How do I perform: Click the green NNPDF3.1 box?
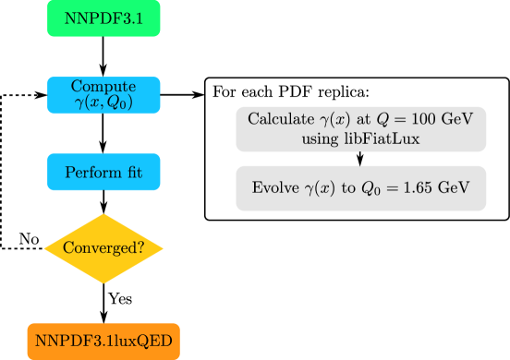103,18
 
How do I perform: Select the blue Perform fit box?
103,173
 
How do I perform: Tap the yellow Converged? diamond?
103,248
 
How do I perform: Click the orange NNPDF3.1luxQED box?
103,342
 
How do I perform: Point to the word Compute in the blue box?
103,86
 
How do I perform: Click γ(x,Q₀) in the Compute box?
103,102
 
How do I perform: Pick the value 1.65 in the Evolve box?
415,187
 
